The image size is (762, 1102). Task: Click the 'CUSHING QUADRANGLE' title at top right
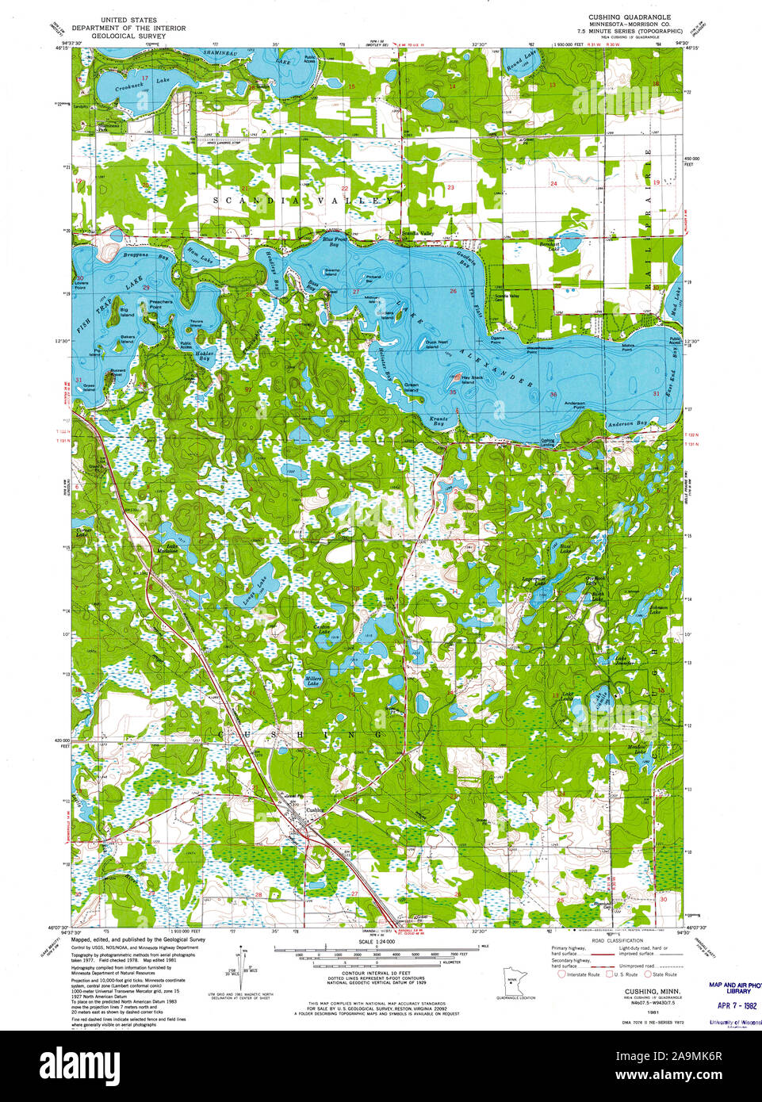[x=630, y=17]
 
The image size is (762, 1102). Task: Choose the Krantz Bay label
[x=439, y=420]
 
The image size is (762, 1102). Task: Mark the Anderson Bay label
[x=626, y=423]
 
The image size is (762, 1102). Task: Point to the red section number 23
[x=450, y=187]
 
